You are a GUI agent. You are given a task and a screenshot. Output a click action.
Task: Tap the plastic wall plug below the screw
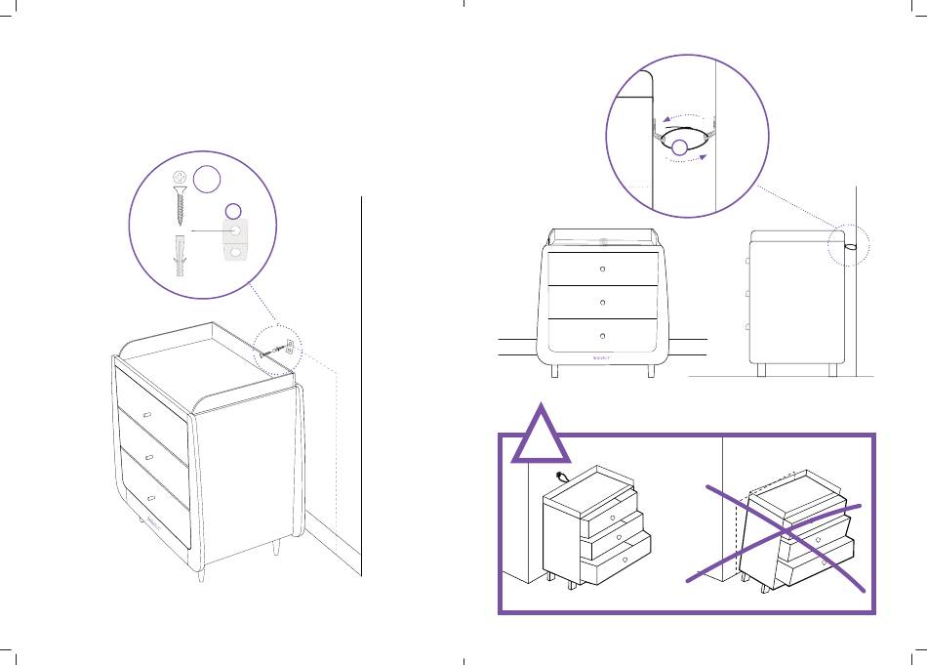(179, 255)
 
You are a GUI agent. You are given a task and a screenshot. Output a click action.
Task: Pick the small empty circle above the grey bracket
(233, 210)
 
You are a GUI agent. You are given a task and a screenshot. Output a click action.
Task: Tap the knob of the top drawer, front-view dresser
(602, 268)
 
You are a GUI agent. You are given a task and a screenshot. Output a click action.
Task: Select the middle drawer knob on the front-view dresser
(602, 301)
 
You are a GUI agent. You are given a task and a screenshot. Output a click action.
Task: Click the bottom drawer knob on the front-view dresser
(602, 335)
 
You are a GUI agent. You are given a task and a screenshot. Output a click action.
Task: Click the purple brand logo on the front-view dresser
(602, 357)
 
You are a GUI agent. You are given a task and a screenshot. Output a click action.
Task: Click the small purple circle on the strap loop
(678, 148)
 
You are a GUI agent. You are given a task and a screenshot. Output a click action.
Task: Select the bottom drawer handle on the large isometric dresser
(151, 497)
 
